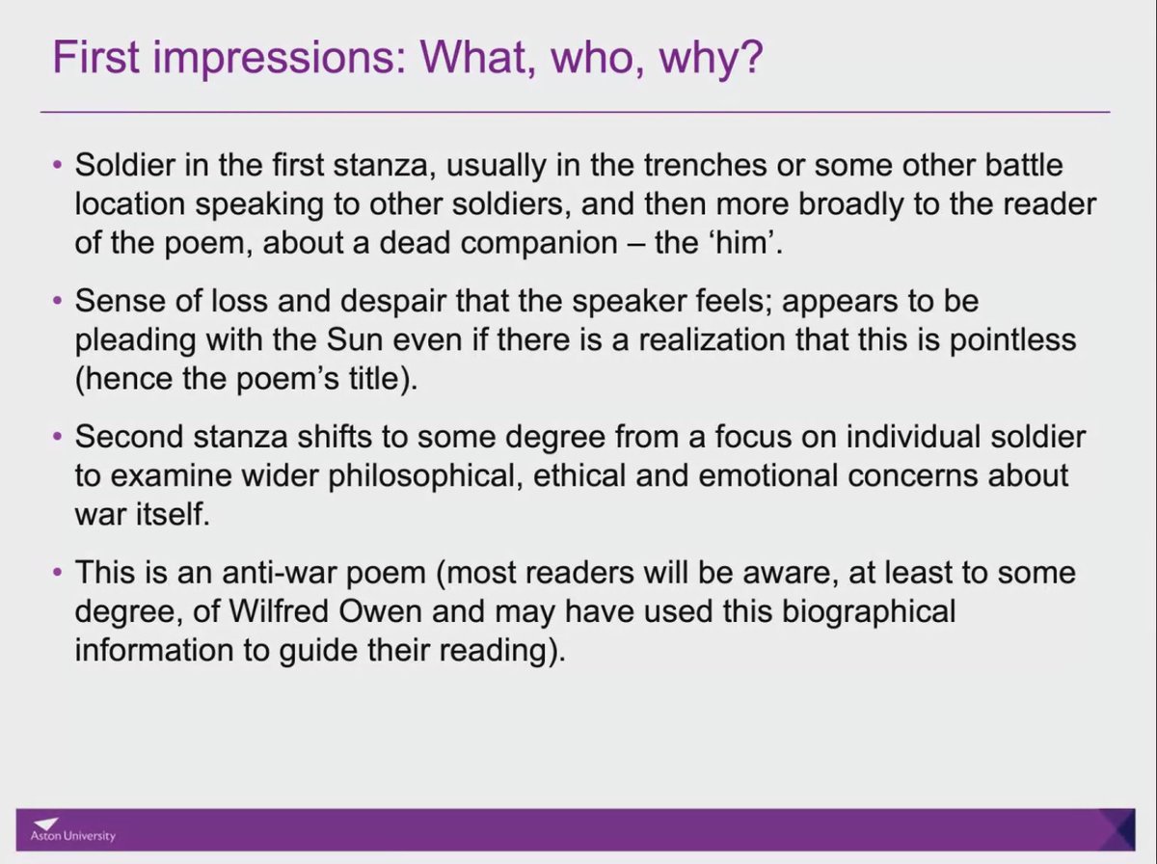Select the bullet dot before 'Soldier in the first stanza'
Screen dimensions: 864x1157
point(57,165)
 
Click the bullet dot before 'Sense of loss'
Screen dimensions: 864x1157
point(57,301)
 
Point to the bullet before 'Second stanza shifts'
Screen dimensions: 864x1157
point(57,437)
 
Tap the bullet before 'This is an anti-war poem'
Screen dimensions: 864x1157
point(57,574)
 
